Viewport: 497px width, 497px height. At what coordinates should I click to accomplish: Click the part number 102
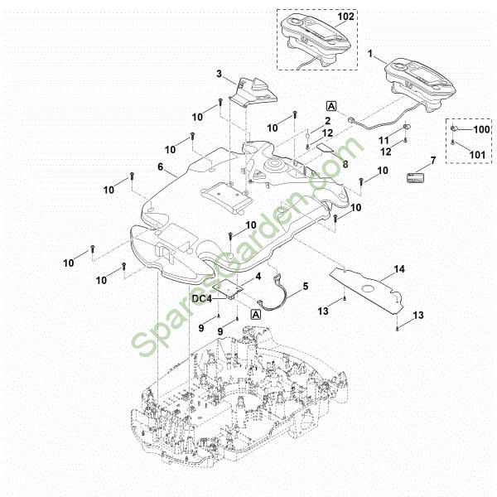[x=345, y=17]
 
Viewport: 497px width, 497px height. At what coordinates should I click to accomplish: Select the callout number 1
[x=370, y=54]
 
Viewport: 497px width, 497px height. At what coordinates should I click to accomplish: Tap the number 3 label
[x=219, y=74]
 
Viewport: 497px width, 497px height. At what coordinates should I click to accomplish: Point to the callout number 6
[x=161, y=166]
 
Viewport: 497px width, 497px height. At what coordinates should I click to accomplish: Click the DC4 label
[x=202, y=298]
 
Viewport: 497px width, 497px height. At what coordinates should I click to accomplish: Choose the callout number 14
[x=399, y=269]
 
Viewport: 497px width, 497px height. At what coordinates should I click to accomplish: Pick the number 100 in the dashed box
[x=482, y=129]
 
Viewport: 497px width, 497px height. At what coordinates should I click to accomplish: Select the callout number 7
[x=433, y=161]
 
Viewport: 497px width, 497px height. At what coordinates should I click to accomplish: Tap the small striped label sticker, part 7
[x=416, y=177]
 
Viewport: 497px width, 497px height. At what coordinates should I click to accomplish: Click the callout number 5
[x=305, y=287]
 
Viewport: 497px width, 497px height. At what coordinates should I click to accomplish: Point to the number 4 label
[x=258, y=277]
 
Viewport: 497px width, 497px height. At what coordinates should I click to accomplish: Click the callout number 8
[x=345, y=164]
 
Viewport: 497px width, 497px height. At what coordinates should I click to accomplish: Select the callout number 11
[x=384, y=140]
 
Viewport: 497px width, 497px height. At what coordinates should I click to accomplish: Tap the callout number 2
[x=327, y=121]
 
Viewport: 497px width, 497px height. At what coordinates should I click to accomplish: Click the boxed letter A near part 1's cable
[x=331, y=106]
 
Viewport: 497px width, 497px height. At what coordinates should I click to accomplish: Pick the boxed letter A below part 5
[x=256, y=315]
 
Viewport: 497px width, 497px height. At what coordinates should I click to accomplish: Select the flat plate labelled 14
[x=366, y=290]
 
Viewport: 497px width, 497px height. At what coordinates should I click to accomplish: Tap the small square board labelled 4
[x=228, y=288]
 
